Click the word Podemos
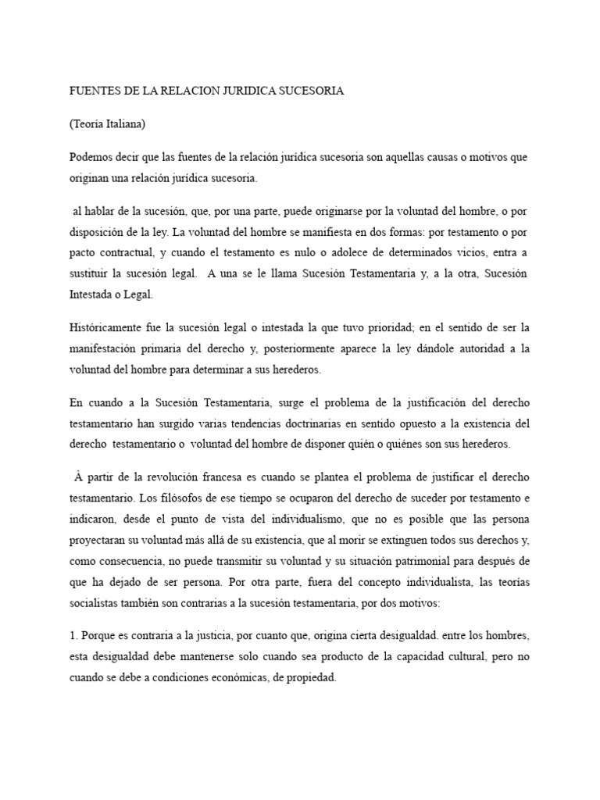(94, 157)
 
